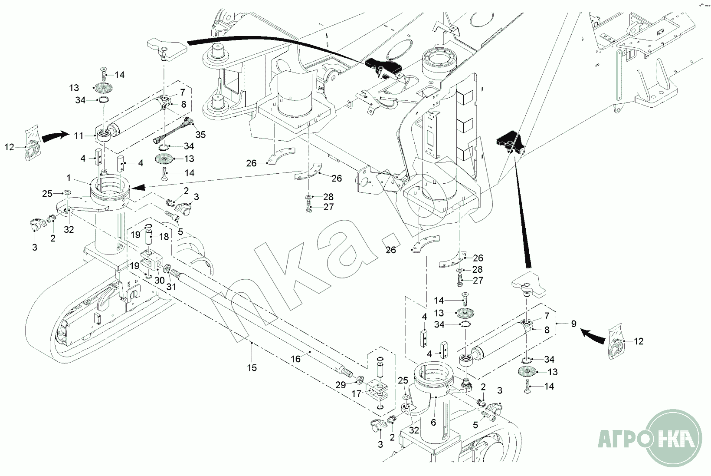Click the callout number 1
click(69, 178)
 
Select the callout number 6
click(433, 422)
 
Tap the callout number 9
click(573, 324)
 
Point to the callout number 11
click(79, 136)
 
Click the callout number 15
click(252, 368)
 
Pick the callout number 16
click(295, 359)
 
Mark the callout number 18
click(164, 237)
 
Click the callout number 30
click(159, 281)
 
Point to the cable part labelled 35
click(174, 130)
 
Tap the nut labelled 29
click(359, 381)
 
